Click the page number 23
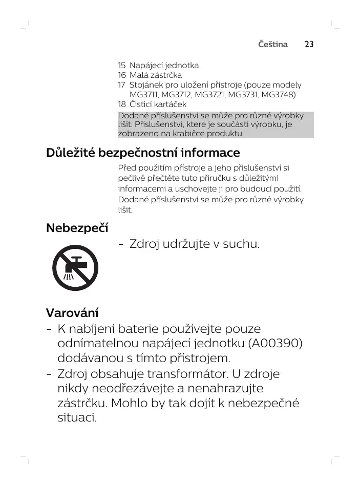(x=309, y=45)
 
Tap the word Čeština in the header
(x=273, y=45)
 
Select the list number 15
(x=121, y=66)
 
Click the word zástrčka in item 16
(x=165, y=75)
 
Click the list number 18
(x=121, y=104)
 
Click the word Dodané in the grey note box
(x=132, y=116)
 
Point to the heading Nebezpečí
(x=77, y=227)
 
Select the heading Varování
(x=72, y=312)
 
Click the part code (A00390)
(x=275, y=343)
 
